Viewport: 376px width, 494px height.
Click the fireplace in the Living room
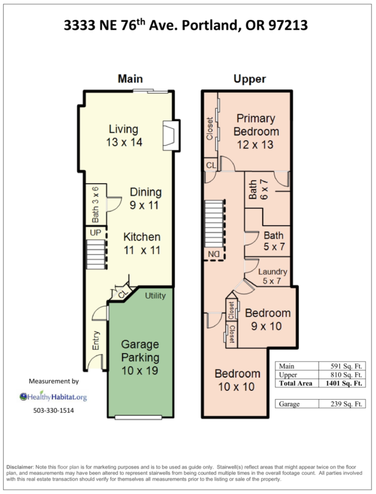click(171, 136)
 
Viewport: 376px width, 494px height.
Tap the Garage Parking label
click(140, 357)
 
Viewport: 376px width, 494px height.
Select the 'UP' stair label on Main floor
click(95, 233)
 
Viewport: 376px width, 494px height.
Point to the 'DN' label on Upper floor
click(214, 254)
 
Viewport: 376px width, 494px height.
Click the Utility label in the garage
click(155, 296)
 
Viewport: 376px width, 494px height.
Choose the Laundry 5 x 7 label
click(272, 276)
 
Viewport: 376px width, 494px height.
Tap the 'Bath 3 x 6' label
click(95, 205)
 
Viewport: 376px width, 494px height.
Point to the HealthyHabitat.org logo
click(53, 397)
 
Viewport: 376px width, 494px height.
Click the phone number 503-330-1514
click(54, 411)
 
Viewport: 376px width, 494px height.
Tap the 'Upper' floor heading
click(250, 79)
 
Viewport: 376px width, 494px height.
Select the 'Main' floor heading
click(130, 79)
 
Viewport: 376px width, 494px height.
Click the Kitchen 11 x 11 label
click(142, 244)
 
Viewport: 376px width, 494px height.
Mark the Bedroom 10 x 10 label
click(238, 380)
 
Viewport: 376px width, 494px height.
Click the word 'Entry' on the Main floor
click(96, 340)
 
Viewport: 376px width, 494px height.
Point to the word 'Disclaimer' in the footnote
click(20, 467)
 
